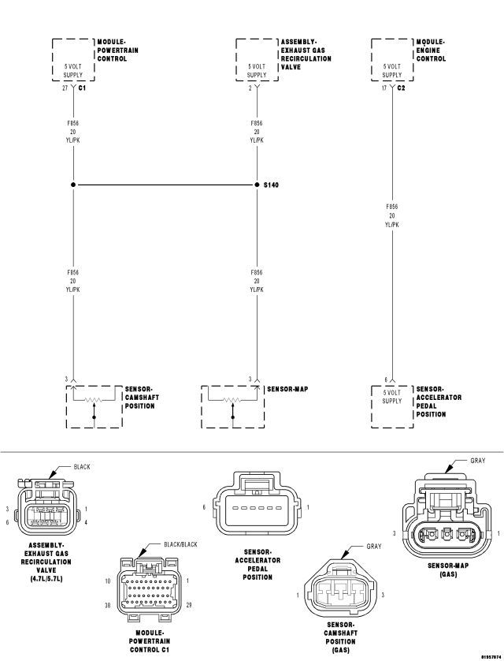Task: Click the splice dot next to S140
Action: point(256,185)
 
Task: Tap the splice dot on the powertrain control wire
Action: point(73,185)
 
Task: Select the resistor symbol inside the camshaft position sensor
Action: point(94,400)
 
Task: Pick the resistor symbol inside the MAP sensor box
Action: point(232,400)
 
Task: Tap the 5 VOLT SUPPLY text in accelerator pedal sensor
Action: point(391,396)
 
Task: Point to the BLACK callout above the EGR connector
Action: point(82,467)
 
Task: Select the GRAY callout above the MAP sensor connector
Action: point(478,461)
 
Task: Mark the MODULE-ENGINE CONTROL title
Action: point(431,50)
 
